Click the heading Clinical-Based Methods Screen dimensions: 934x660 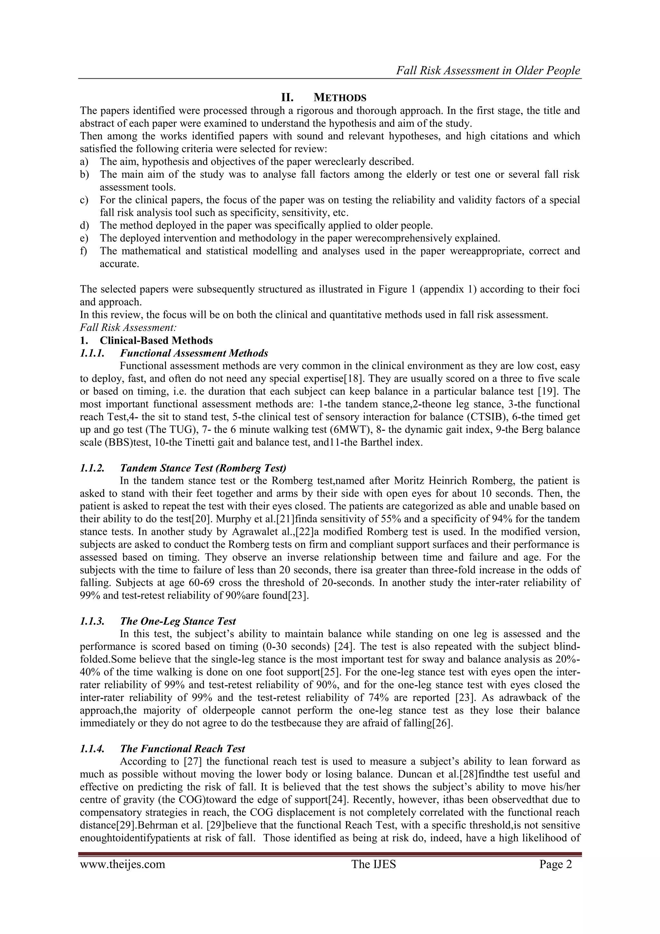click(x=156, y=340)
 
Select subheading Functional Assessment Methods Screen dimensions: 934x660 click(x=194, y=353)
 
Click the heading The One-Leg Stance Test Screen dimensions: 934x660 click(x=178, y=621)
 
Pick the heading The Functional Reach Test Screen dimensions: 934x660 click(x=182, y=749)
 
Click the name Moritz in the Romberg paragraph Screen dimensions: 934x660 click(x=409, y=481)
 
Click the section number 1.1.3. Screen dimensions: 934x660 click(x=92, y=621)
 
